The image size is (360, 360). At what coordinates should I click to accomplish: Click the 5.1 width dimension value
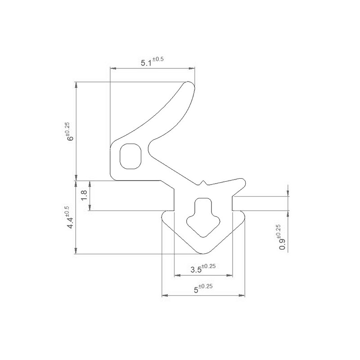146,63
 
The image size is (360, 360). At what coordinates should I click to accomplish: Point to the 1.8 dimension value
83,196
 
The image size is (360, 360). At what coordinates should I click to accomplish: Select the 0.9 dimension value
282,244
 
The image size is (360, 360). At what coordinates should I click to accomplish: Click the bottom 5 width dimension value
196,290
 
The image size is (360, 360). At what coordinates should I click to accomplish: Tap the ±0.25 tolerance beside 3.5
208,266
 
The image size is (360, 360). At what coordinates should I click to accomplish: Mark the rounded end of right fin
243,183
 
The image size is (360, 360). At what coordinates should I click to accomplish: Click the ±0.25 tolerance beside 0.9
278,231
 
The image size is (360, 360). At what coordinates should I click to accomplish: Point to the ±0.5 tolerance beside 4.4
67,210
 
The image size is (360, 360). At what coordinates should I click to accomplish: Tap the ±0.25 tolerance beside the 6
67,129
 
